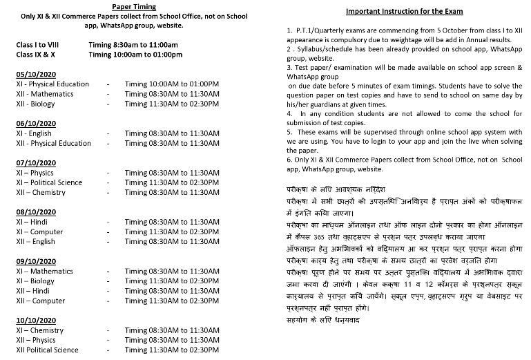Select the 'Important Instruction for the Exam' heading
coord(405,12)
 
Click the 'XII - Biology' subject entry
coord(37,104)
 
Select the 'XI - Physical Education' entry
coord(53,84)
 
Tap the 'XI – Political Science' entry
coord(52,182)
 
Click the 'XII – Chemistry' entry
coord(41,193)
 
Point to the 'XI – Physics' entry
coord(35,173)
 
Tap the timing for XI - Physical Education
coord(172,84)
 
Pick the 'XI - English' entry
coord(34,133)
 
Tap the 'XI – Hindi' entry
coord(33,222)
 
